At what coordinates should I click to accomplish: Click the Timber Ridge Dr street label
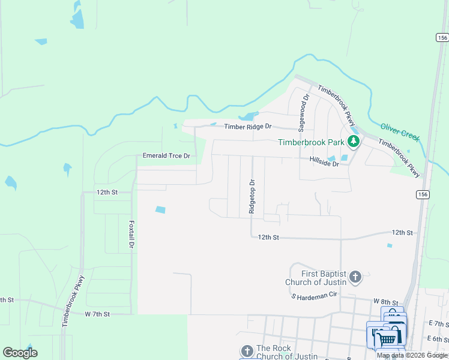click(248, 127)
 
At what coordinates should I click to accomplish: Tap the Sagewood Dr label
click(303, 112)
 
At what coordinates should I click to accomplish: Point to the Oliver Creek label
click(399, 131)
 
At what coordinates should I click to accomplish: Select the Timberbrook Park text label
click(310, 142)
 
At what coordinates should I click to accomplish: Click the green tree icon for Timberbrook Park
click(354, 142)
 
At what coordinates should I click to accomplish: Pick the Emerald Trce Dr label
click(166, 156)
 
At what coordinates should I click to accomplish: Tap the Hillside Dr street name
click(324, 163)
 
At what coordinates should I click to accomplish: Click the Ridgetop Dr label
click(252, 197)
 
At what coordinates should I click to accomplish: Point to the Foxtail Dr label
click(131, 235)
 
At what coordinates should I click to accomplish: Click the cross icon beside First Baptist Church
click(355, 277)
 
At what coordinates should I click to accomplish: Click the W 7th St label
click(97, 314)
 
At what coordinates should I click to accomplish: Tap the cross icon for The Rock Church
click(247, 352)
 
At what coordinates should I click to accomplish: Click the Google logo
click(20, 353)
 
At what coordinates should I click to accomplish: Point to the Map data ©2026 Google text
click(412, 355)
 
